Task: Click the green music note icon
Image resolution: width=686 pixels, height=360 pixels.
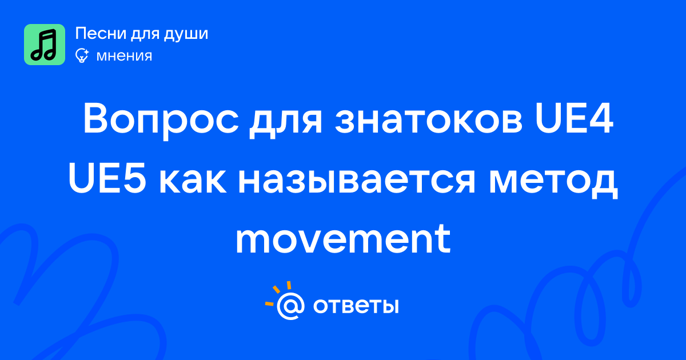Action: pyautogui.click(x=45, y=45)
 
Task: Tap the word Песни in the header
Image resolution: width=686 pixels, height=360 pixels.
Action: pyautogui.click(x=101, y=33)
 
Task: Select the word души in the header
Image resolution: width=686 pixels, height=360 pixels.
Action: pyautogui.click(x=186, y=34)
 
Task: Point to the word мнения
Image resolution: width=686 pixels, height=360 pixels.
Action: pyautogui.click(x=124, y=56)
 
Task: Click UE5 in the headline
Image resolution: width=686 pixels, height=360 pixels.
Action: pyautogui.click(x=107, y=179)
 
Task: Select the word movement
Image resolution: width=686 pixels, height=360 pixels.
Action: pyautogui.click(x=343, y=239)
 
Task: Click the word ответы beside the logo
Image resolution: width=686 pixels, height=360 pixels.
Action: pyautogui.click(x=356, y=306)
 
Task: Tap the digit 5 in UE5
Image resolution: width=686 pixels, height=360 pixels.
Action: pyautogui.click(x=134, y=179)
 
